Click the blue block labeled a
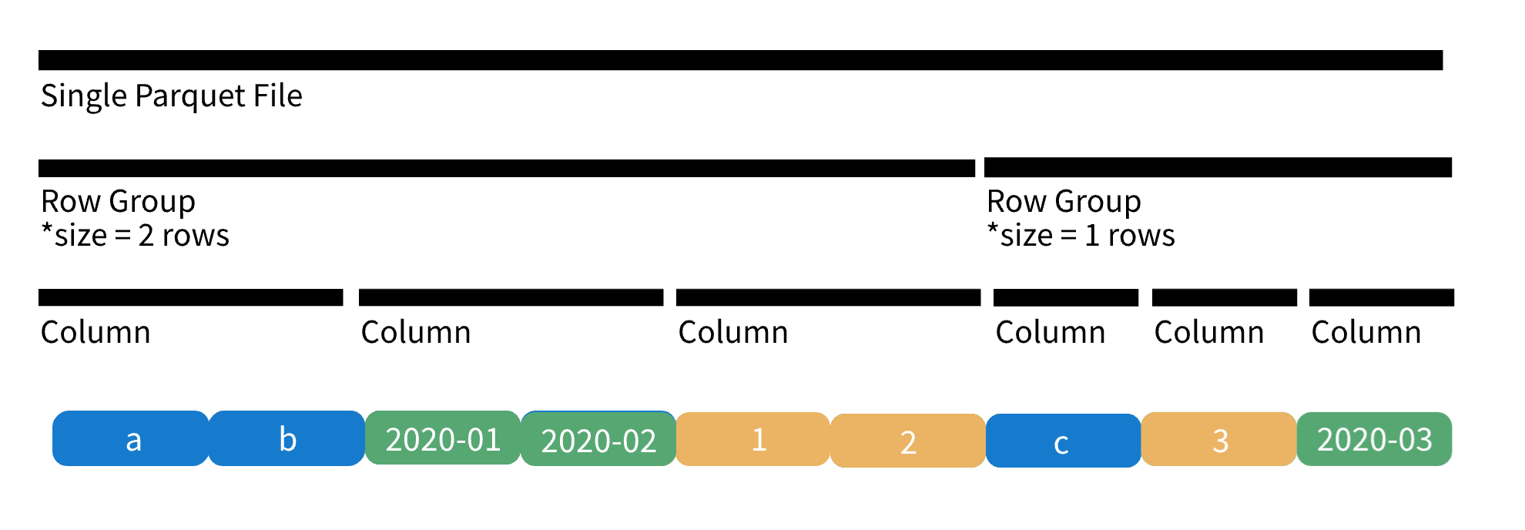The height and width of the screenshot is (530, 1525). click(x=131, y=438)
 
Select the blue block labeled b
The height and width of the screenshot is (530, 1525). click(x=287, y=438)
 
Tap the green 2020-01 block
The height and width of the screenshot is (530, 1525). click(x=443, y=438)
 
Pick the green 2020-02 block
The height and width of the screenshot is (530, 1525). click(x=598, y=438)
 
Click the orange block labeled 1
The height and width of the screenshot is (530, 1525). click(x=753, y=439)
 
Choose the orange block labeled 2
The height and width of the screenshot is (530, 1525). click(x=908, y=441)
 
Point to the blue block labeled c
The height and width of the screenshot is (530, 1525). click(x=1064, y=441)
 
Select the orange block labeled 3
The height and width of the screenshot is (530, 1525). click(x=1219, y=439)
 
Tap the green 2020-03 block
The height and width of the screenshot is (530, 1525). click(x=1375, y=439)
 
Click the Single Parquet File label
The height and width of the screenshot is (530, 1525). click(x=172, y=96)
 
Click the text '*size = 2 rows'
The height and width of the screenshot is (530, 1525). click(x=136, y=235)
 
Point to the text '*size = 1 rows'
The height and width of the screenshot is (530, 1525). click(x=1081, y=235)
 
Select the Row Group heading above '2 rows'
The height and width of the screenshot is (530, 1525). click(x=119, y=202)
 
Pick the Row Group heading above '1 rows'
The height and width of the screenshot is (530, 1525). click(x=1064, y=202)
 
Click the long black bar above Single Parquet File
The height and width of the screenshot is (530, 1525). click(x=741, y=60)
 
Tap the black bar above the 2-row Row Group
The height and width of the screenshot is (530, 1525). click(x=507, y=168)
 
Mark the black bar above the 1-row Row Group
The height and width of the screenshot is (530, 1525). click(x=1218, y=167)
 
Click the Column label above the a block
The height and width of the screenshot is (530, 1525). click(x=96, y=332)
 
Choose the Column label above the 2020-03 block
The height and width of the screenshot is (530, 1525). click(x=1366, y=332)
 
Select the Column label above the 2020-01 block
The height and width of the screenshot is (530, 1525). click(x=416, y=332)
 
